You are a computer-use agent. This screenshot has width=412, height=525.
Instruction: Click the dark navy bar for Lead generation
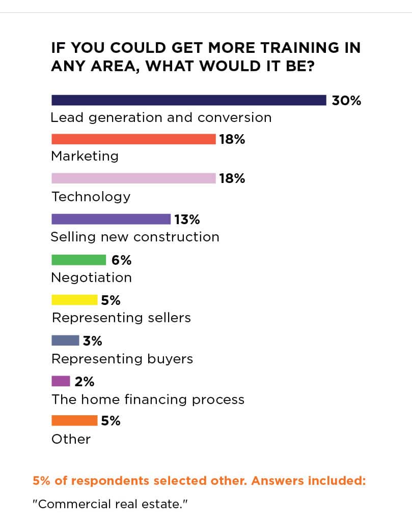click(188, 100)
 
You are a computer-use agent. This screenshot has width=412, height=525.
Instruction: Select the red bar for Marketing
click(133, 139)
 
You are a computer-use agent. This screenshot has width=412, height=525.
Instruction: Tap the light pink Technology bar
click(133, 178)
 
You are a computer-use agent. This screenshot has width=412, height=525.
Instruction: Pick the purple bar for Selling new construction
click(111, 219)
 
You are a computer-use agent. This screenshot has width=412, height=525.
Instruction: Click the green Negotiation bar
click(79, 260)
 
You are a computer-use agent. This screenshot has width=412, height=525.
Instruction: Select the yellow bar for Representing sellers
click(74, 300)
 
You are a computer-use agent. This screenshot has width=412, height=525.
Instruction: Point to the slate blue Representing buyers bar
click(65, 341)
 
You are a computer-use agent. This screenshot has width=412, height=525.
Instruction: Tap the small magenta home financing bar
click(61, 381)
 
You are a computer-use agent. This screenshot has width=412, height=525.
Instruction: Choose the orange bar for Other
click(74, 420)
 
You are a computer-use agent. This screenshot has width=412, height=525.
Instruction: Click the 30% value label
click(346, 100)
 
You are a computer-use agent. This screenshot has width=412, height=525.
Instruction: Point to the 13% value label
click(187, 220)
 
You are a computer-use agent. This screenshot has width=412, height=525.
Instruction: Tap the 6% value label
click(122, 260)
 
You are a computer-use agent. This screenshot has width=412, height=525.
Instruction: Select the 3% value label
click(93, 341)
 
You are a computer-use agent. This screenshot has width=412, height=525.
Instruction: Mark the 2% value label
click(85, 381)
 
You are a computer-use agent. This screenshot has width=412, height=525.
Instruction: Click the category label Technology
click(91, 197)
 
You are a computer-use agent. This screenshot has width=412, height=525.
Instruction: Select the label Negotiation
click(92, 277)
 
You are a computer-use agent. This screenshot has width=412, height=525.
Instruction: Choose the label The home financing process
click(148, 399)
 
